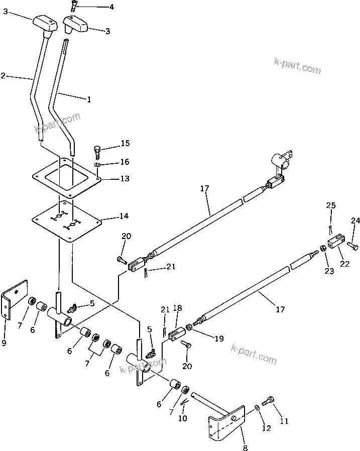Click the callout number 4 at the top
111,7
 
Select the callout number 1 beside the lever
89,99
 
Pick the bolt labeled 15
97,150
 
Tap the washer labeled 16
97,164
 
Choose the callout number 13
124,179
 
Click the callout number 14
124,216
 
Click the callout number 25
331,205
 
